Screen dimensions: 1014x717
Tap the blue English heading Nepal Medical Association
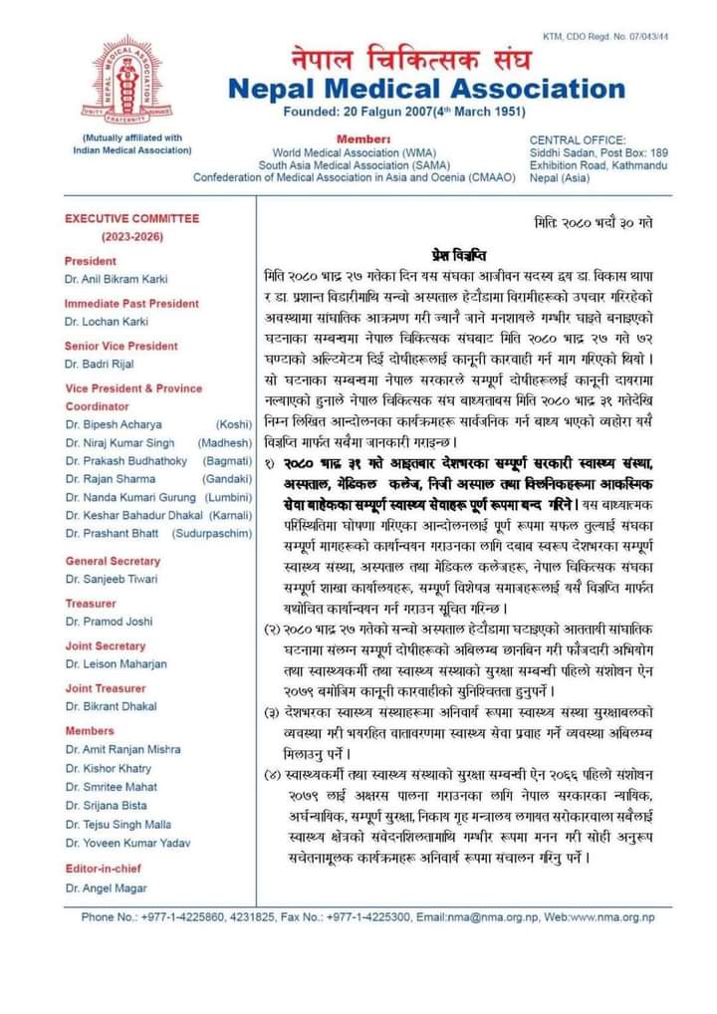427,90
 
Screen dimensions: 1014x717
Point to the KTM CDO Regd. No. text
605,9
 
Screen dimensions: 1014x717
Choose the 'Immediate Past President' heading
132,302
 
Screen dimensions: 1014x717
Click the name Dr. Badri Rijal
101,366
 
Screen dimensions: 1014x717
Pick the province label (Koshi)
236,424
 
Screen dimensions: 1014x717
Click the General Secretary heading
113,561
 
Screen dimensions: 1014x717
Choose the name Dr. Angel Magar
104,887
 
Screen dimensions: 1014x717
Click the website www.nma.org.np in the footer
614,916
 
